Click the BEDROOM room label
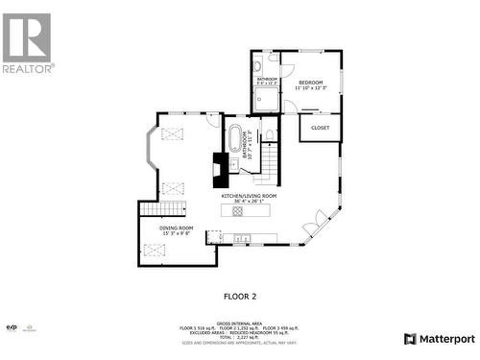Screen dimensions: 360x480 click(x=311, y=83)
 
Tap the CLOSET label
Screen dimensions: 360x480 click(x=321, y=127)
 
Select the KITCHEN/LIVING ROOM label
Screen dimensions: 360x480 click(x=249, y=196)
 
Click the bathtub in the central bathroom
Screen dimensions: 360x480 click(x=236, y=136)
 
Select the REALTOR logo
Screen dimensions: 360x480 click(x=27, y=43)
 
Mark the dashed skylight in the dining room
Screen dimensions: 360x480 click(x=155, y=251)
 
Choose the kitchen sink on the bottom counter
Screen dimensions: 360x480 click(x=240, y=237)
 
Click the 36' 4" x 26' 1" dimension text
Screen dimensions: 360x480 click(x=249, y=202)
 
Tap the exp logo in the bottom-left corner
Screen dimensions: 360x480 click(x=12, y=327)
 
